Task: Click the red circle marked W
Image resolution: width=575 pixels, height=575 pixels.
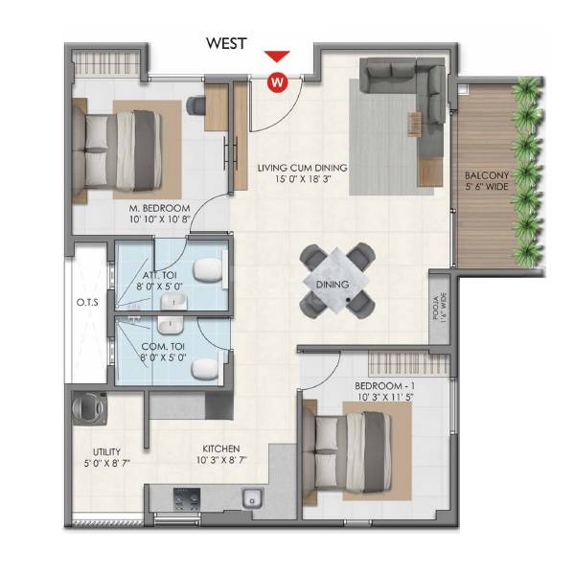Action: coord(277,80)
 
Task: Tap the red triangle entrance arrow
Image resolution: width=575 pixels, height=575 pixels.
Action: coord(277,58)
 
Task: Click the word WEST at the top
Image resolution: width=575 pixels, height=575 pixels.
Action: coord(227,43)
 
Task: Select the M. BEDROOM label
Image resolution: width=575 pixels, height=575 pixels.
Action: coord(159,208)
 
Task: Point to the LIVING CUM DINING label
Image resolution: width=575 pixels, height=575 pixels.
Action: coord(302,168)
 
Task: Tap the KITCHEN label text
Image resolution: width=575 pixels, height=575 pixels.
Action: coord(220,448)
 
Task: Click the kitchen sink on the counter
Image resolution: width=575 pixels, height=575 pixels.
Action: coord(253,498)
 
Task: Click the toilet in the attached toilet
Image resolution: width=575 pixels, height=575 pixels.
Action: coord(204,272)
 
